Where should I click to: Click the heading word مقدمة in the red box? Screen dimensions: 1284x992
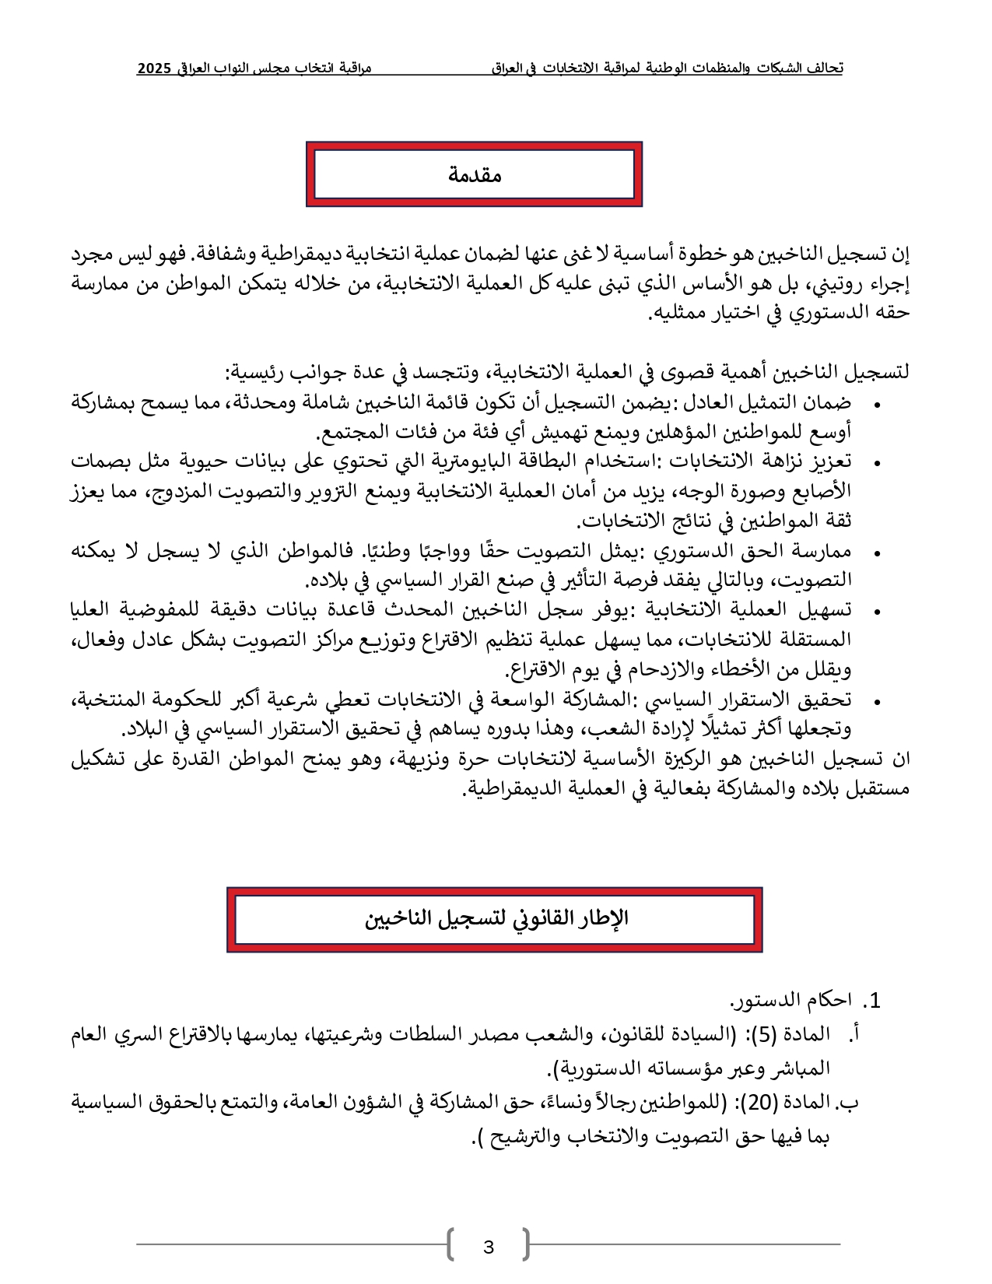coord(474,175)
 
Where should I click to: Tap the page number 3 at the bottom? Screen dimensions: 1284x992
coord(489,1247)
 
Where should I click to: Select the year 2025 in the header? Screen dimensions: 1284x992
coord(154,68)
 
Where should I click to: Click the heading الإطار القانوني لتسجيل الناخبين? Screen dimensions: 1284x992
coord(496,919)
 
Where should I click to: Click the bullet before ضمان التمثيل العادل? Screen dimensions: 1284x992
coord(877,405)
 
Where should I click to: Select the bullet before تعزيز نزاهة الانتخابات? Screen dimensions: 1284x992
coord(877,464)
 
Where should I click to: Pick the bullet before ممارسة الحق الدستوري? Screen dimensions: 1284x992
coord(877,553)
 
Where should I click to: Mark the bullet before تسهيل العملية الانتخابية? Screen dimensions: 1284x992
coord(877,612)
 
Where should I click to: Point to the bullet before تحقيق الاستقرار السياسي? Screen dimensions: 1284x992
coord(877,702)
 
